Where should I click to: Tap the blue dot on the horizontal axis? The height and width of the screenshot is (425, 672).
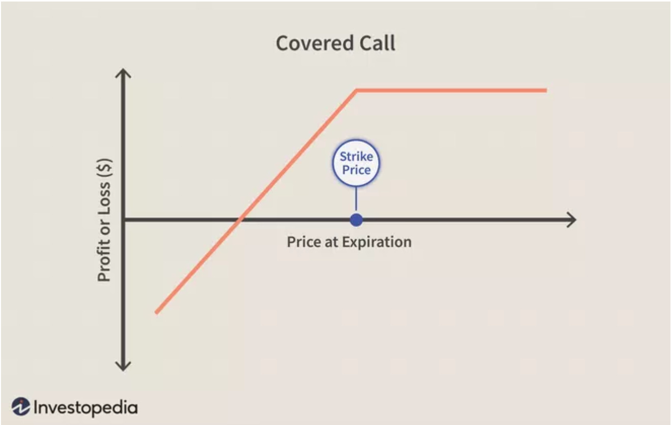pos(356,219)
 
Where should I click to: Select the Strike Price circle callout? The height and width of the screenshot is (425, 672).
pos(356,163)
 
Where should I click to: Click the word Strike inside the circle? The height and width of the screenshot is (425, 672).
pos(356,157)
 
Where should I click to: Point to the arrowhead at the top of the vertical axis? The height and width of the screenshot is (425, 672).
pos(123,73)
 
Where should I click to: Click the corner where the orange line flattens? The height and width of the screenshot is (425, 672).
pos(357,90)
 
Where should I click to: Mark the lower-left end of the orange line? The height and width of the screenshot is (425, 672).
pos(157,312)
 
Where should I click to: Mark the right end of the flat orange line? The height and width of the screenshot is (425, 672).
pos(545,90)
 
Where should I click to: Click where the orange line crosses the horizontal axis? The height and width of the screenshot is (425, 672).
pos(240,219)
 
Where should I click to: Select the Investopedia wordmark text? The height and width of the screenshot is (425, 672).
pos(85,407)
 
